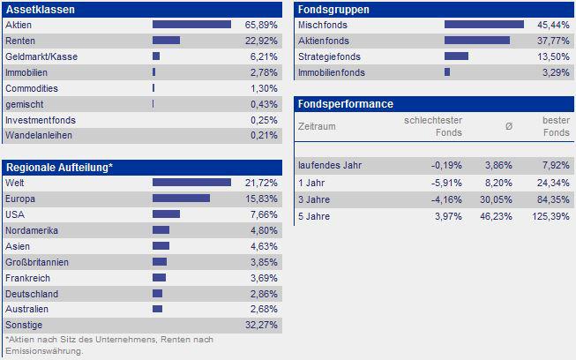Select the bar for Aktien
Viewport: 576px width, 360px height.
(x=191, y=25)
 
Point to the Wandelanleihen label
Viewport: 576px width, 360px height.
(x=39, y=136)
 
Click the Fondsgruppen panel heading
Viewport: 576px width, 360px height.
(x=333, y=10)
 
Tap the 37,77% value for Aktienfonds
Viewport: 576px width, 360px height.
(x=554, y=41)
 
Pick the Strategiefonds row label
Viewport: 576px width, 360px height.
(x=329, y=56)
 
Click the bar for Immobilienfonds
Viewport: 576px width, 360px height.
(x=447, y=72)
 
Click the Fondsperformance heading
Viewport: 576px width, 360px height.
(x=346, y=104)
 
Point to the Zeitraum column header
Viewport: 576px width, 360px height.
(x=318, y=126)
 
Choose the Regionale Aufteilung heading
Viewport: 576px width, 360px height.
(x=59, y=167)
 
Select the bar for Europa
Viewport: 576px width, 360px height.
(x=181, y=198)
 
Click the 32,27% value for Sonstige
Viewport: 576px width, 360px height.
(x=262, y=325)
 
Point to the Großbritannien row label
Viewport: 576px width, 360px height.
(x=37, y=261)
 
